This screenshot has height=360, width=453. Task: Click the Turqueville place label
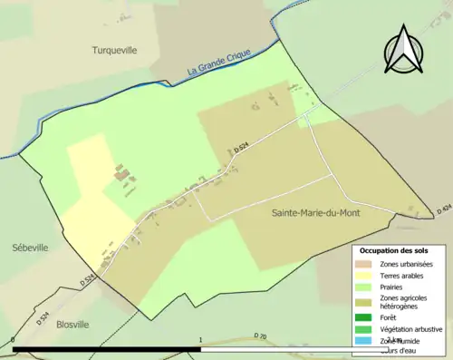pyautogui.click(x=114, y=51)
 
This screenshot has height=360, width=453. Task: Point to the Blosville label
pyautogui.click(x=72, y=323)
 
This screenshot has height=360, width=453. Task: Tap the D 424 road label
pyautogui.click(x=443, y=209)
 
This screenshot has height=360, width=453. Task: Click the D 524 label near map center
pyautogui.click(x=241, y=149)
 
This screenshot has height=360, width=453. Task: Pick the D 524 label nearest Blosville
pyautogui.click(x=42, y=318)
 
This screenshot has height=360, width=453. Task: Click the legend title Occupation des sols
pyautogui.click(x=394, y=249)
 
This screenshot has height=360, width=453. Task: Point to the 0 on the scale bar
pyautogui.click(x=14, y=341)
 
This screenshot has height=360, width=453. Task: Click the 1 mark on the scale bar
pyautogui.click(x=199, y=341)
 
